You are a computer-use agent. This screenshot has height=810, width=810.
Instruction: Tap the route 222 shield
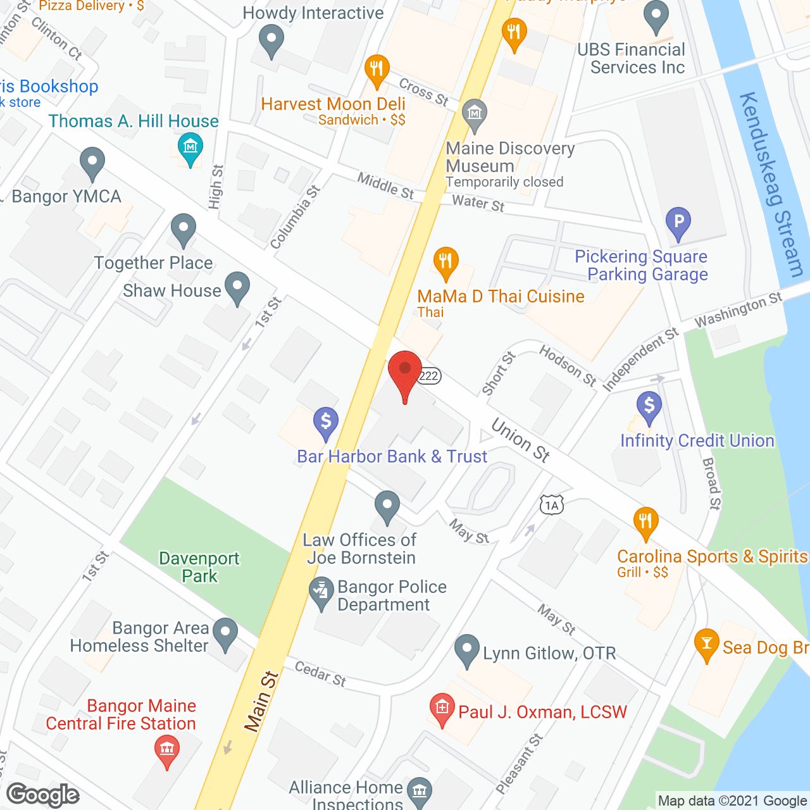click(429, 375)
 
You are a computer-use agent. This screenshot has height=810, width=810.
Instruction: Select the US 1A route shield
click(551, 504)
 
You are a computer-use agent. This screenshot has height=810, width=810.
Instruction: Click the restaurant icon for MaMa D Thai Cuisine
click(446, 262)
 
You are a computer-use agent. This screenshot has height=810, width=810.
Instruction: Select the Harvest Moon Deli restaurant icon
click(377, 70)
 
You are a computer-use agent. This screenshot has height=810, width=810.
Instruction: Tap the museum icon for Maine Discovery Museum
click(474, 115)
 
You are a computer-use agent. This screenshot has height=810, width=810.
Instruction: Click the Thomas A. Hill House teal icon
click(190, 148)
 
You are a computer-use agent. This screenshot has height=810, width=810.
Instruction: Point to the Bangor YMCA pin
click(92, 163)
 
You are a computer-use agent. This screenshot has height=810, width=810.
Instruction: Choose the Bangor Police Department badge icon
click(321, 593)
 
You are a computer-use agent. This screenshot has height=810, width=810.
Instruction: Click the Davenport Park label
click(199, 567)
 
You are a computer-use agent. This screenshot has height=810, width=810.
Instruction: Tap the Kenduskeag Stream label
click(771, 184)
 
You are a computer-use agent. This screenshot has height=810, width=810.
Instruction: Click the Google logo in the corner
click(43, 795)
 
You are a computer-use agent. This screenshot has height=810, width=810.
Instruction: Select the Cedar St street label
click(320, 674)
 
